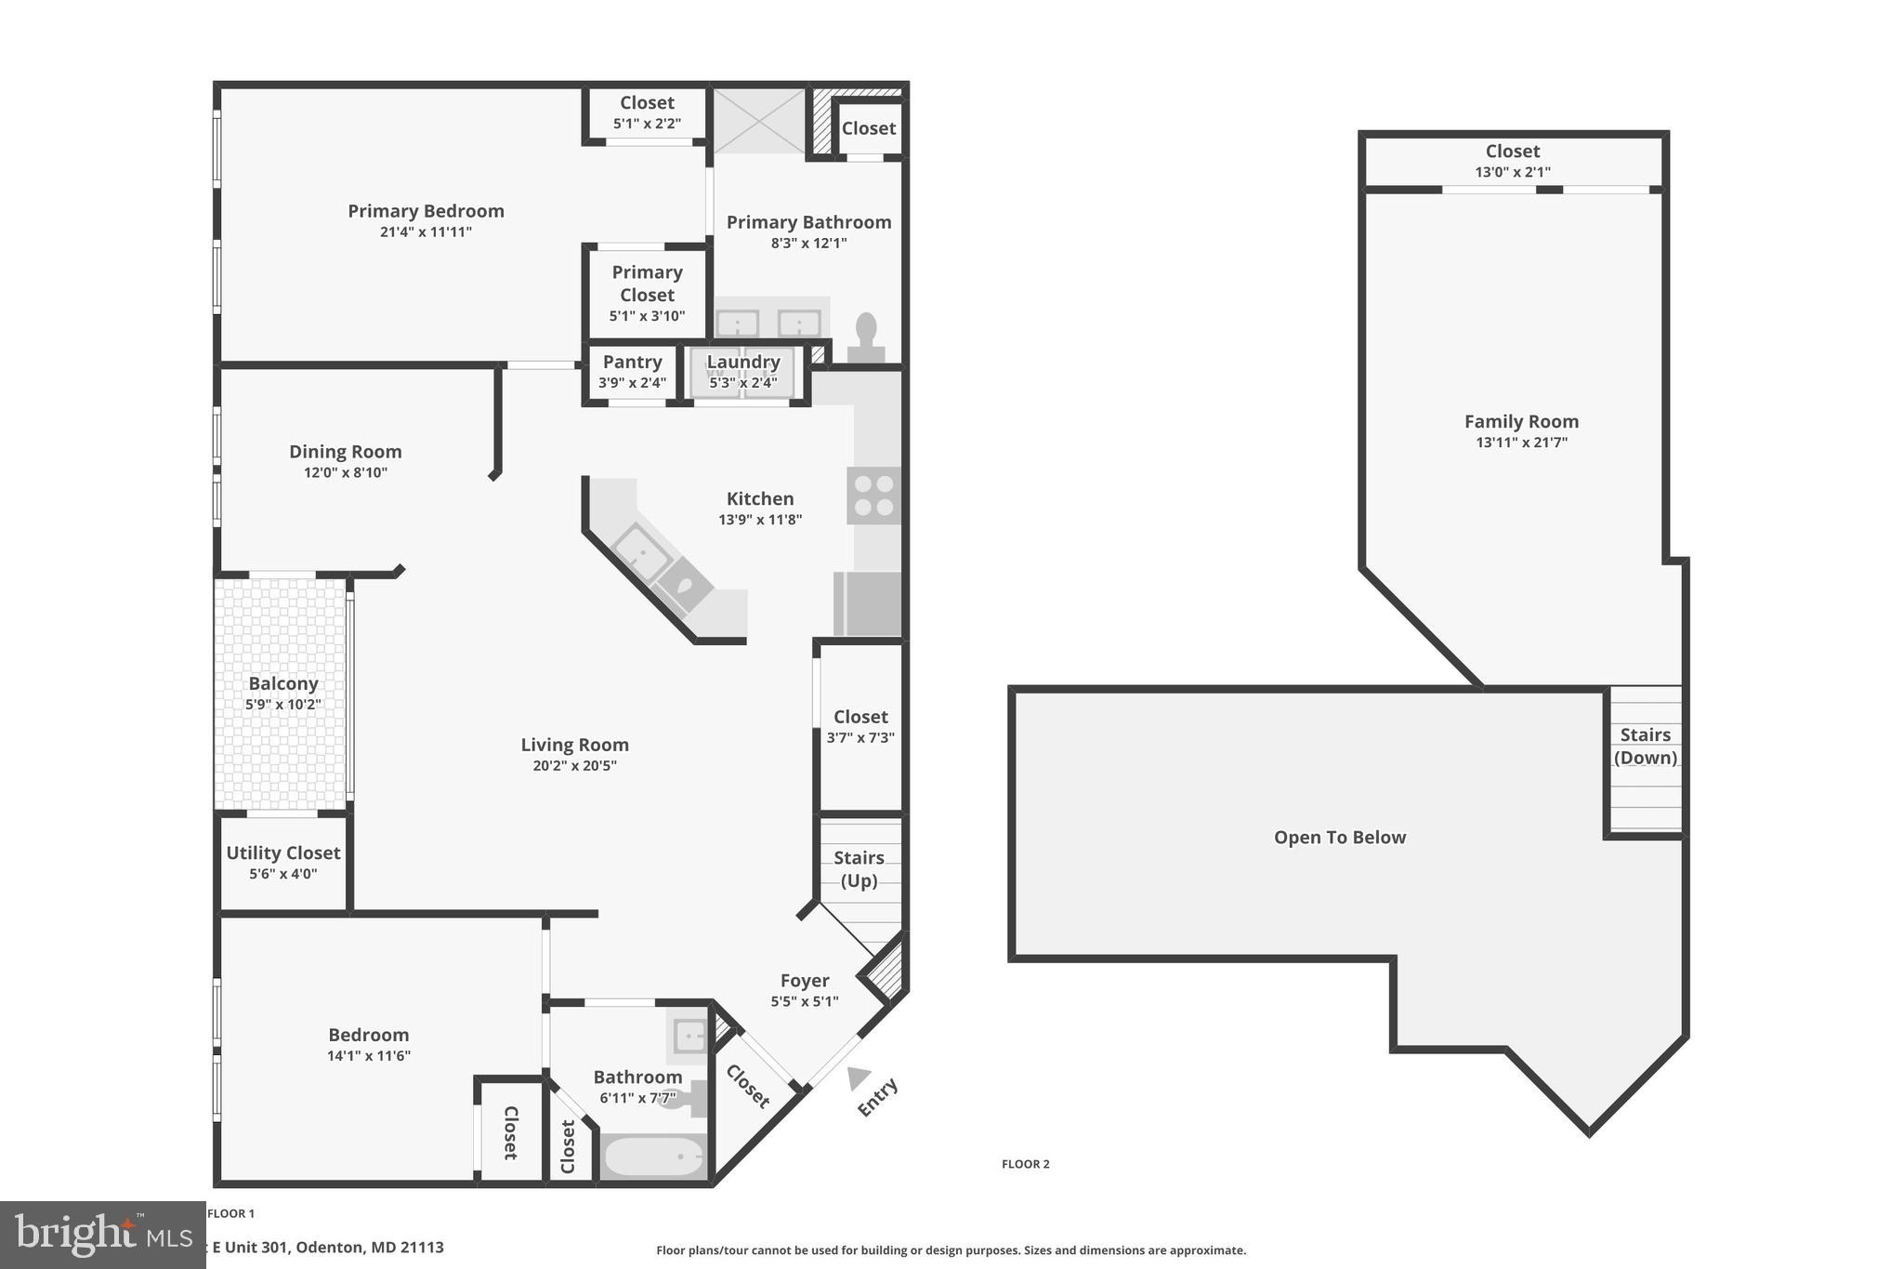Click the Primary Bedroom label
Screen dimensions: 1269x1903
(426, 211)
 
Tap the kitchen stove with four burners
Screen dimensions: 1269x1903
(873, 496)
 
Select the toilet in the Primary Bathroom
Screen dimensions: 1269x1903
(866, 337)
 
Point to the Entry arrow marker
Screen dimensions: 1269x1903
(858, 1077)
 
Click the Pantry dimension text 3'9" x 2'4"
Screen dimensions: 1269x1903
(632, 382)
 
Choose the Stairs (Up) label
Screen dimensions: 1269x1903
(859, 868)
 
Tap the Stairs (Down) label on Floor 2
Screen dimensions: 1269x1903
(1645, 746)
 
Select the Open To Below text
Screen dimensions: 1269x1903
(1339, 837)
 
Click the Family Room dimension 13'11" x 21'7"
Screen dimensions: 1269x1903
(1521, 443)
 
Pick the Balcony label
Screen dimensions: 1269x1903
(283, 683)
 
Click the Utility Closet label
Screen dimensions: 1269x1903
(283, 853)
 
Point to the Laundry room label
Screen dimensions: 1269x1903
(743, 362)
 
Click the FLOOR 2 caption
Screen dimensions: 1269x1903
(1025, 1164)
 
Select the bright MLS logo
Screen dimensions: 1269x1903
(102, 1235)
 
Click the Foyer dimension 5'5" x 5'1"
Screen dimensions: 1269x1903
(804, 1001)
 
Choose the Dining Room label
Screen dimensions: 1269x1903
(345, 452)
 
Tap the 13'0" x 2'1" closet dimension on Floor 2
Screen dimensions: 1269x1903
(1512, 172)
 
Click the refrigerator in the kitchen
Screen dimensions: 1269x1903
(869, 603)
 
